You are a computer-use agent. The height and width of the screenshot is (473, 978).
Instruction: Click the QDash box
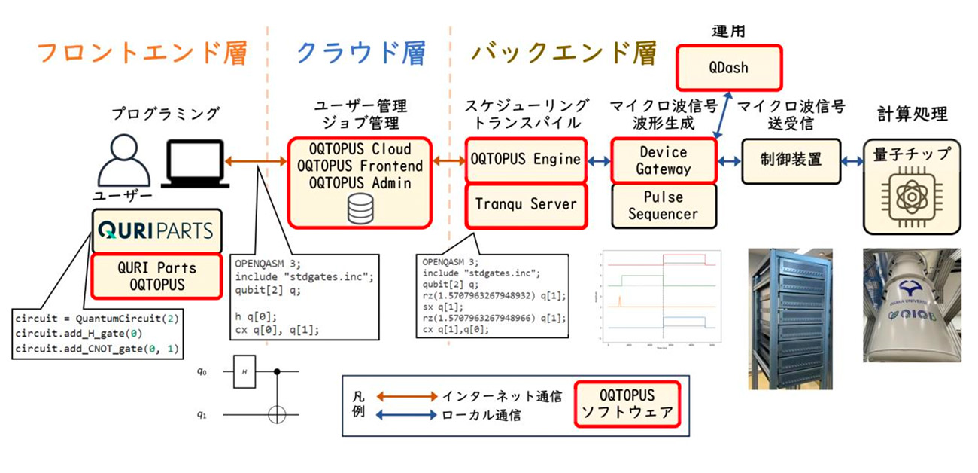click(x=728, y=67)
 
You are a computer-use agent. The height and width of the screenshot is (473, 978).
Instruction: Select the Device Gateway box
click(x=662, y=160)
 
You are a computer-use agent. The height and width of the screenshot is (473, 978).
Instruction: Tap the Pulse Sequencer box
click(x=662, y=205)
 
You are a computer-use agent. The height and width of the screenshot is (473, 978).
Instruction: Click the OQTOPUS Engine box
click(x=525, y=159)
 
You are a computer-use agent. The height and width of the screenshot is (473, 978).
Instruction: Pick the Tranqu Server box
click(x=525, y=203)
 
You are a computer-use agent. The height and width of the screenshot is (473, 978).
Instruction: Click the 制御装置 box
click(x=790, y=160)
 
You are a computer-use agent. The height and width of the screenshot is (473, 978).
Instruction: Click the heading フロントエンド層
click(x=141, y=53)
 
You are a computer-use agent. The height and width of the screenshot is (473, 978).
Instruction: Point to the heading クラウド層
click(x=360, y=53)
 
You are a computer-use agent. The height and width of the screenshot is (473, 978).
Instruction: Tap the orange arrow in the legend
click(x=403, y=395)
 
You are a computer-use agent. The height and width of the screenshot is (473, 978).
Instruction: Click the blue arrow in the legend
click(x=403, y=415)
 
